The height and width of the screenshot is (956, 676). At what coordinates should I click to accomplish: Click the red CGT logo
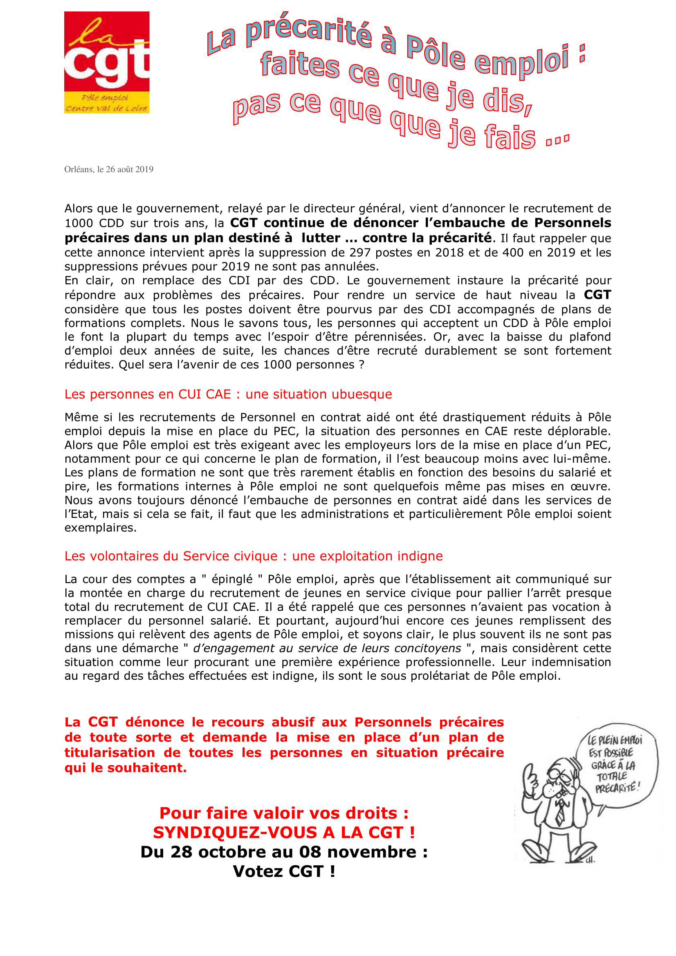pyautogui.click(x=107, y=62)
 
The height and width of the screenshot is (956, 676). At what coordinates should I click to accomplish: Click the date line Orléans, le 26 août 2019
pyautogui.click(x=109, y=170)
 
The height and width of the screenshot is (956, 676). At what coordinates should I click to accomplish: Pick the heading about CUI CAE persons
pyautogui.click(x=228, y=394)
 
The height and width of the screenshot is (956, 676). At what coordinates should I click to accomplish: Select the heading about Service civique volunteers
pyautogui.click(x=253, y=556)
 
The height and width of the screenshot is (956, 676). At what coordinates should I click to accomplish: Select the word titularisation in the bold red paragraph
pyautogui.click(x=110, y=752)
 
